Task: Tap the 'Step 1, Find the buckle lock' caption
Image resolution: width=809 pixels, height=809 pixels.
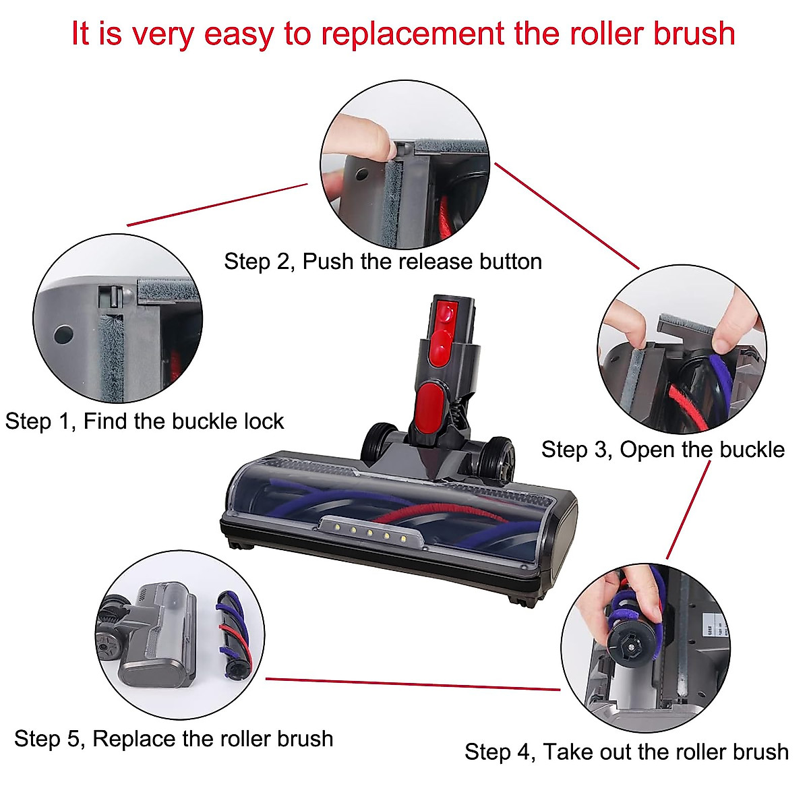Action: coord(144,421)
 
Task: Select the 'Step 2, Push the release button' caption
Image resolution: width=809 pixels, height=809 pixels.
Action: coord(383,262)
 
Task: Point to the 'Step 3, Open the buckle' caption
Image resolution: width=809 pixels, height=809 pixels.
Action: coord(663,450)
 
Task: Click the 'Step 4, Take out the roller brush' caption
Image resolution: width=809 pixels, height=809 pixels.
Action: coord(626,752)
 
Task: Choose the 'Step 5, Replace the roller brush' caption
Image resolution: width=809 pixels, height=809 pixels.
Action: coord(174,739)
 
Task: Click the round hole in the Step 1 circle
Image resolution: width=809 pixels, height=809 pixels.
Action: coord(64,333)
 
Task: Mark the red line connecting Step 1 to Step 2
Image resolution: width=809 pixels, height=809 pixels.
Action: coord(217,204)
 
